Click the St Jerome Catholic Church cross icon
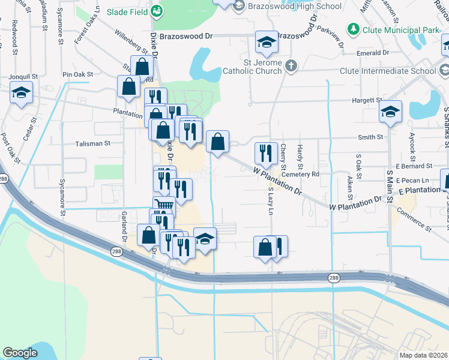coord(291,65)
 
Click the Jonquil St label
coord(23,77)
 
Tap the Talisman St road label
coord(93,144)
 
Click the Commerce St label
coord(414,220)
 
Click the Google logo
coord(20,353)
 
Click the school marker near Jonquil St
coord(21,93)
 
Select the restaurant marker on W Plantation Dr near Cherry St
coord(265,153)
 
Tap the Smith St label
coord(370,137)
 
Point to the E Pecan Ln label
coord(413,180)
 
